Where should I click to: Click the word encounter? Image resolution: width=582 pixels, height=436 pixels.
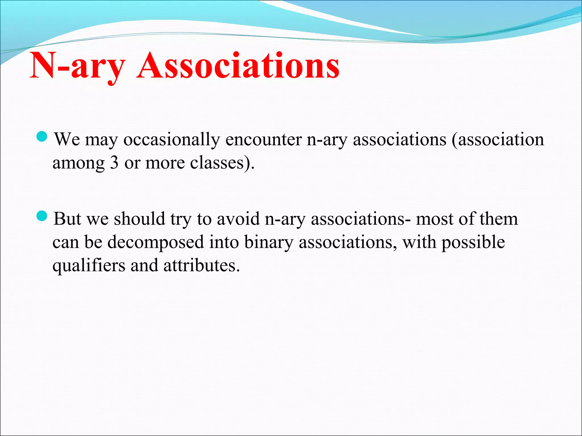263,140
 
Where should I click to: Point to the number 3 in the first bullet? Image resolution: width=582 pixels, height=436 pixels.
114,163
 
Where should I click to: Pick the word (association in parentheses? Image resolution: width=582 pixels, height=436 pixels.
498,140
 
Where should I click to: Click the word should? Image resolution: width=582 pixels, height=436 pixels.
139,219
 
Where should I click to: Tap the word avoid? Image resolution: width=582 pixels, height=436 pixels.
238,219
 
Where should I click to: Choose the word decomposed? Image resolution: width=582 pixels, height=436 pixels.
155,243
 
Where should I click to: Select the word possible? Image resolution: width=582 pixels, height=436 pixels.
473,243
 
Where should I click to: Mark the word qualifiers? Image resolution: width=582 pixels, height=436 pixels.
89,266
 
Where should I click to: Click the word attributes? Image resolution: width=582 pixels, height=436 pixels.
201,266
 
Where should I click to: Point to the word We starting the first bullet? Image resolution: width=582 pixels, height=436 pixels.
67,140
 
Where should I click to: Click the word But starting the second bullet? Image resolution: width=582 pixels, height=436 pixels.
67,219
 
